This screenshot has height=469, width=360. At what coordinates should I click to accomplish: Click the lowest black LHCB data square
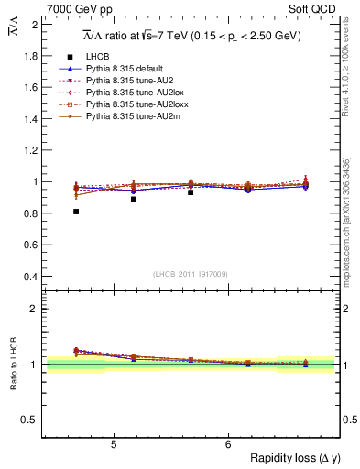pyautogui.click(x=76, y=212)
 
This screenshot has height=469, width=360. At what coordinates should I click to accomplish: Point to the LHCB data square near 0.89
pyautogui.click(x=134, y=199)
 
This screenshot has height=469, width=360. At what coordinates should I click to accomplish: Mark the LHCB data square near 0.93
pyautogui.click(x=191, y=192)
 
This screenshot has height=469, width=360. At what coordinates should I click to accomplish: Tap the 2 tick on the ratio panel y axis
pyautogui.click(x=36, y=309)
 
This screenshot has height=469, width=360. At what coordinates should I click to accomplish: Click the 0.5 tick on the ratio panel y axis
pyautogui.click(x=32, y=420)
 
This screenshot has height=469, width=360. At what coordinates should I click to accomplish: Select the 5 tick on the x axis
pyautogui.click(x=113, y=443)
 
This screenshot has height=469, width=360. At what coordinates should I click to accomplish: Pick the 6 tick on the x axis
pyautogui.click(x=228, y=443)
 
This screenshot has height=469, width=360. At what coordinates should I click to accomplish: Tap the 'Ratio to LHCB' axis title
pyautogui.click(x=13, y=362)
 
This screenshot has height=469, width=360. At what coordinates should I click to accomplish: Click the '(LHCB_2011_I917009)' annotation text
pyautogui.click(x=190, y=274)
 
